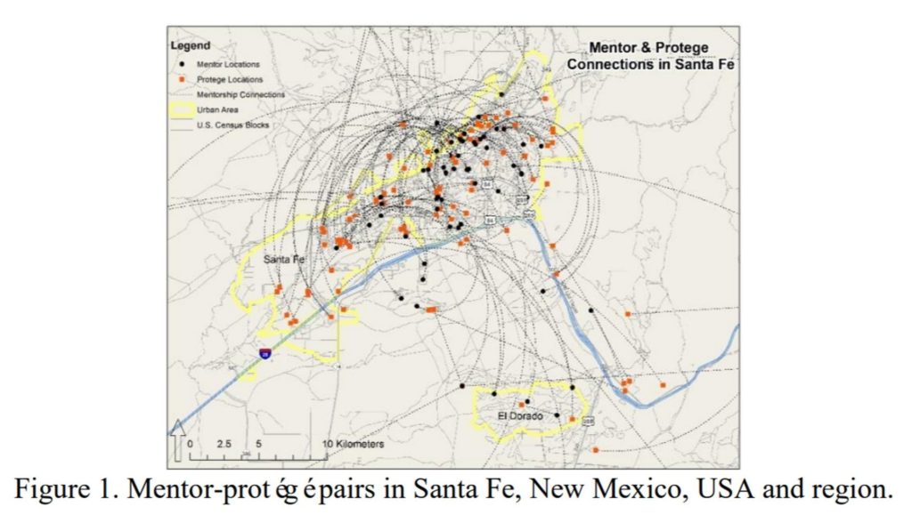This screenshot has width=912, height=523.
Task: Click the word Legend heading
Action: click(191, 45)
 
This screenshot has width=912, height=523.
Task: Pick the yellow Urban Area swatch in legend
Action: click(183, 109)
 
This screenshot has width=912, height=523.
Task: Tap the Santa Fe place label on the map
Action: click(284, 259)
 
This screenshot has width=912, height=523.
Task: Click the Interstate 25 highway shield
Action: click(265, 353)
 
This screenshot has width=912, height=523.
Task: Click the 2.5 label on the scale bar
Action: click(224, 442)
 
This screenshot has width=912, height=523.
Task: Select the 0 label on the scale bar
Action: click(190, 442)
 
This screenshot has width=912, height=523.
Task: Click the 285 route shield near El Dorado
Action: click(587, 419)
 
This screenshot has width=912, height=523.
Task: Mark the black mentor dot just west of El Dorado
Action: click(462, 386)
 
